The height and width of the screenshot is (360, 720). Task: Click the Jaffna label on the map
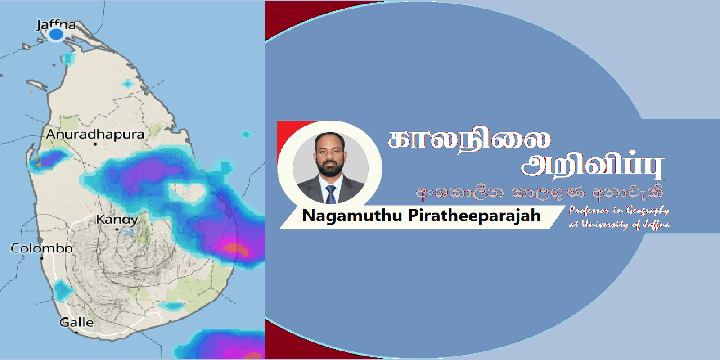click(56, 24)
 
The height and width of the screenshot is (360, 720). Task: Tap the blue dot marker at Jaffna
click(56, 34)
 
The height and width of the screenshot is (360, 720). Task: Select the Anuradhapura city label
click(95, 135)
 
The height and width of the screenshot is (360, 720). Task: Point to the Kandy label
click(117, 220)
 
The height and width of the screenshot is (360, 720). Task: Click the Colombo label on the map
click(42, 248)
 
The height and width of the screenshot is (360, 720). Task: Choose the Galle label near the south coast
click(76, 322)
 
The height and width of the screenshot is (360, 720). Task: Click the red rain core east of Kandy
click(236, 249)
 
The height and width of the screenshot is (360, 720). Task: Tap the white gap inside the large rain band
click(187, 193)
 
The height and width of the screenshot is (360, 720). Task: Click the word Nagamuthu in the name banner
click(352, 215)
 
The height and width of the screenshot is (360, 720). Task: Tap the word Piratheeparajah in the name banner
click(474, 215)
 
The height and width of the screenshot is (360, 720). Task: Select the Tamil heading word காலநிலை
click(469, 140)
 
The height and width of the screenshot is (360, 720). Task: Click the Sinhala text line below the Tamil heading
click(540, 193)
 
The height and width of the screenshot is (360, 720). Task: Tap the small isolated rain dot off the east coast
click(246, 135)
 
